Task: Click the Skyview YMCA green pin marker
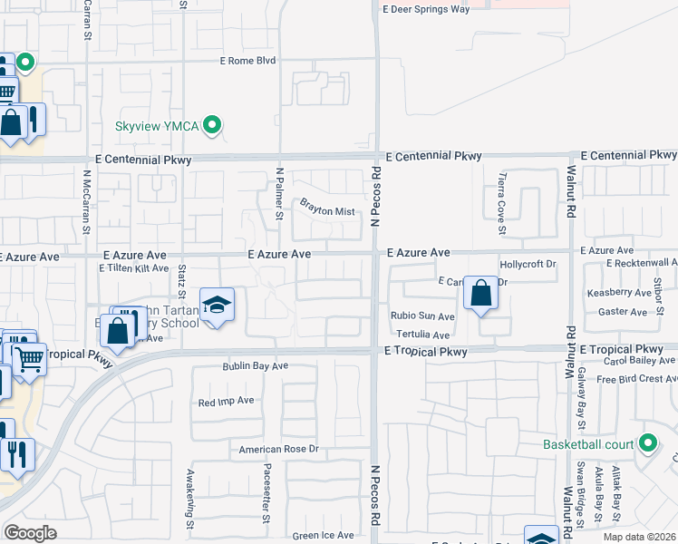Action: pyautogui.click(x=213, y=125)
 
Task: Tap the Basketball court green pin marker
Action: pyautogui.click(x=647, y=444)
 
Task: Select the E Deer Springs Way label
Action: pyautogui.click(x=426, y=9)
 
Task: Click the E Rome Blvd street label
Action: pyautogui.click(x=247, y=61)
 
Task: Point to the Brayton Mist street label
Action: pyautogui.click(x=327, y=210)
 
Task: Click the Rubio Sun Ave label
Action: pyautogui.click(x=422, y=316)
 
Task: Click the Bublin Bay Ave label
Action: pyautogui.click(x=256, y=366)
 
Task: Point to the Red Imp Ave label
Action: pyautogui.click(x=226, y=401)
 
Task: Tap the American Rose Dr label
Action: pyautogui.click(x=279, y=449)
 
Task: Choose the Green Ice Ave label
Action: pyautogui.click(x=323, y=535)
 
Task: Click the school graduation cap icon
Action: pyautogui.click(x=217, y=306)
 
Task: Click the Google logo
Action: pyautogui.click(x=30, y=533)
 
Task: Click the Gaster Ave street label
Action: pyautogui.click(x=623, y=312)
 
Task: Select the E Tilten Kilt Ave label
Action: pyautogui.click(x=133, y=268)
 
